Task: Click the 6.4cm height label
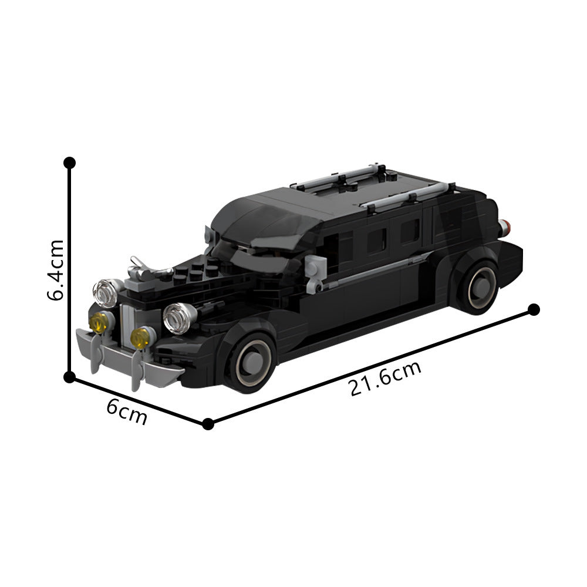[x=56, y=269]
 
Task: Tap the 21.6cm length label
[x=385, y=379]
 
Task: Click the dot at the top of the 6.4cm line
[x=69, y=162]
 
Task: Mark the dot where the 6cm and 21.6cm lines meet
[x=208, y=424]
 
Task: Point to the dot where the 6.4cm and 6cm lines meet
[x=69, y=376]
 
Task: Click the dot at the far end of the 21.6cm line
[x=534, y=309]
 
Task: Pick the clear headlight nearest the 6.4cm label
[x=106, y=292]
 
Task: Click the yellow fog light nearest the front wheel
[x=141, y=338]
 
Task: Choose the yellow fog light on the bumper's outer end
[x=100, y=321]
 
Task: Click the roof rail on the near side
[x=405, y=196]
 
